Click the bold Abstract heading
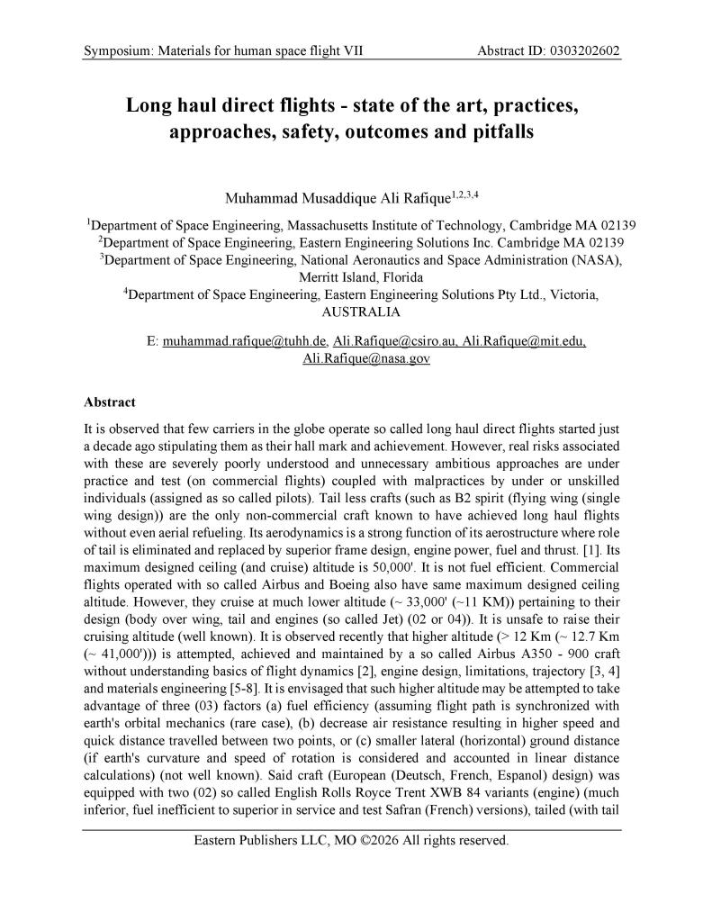pos(110,402)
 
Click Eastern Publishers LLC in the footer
pos(266,842)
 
